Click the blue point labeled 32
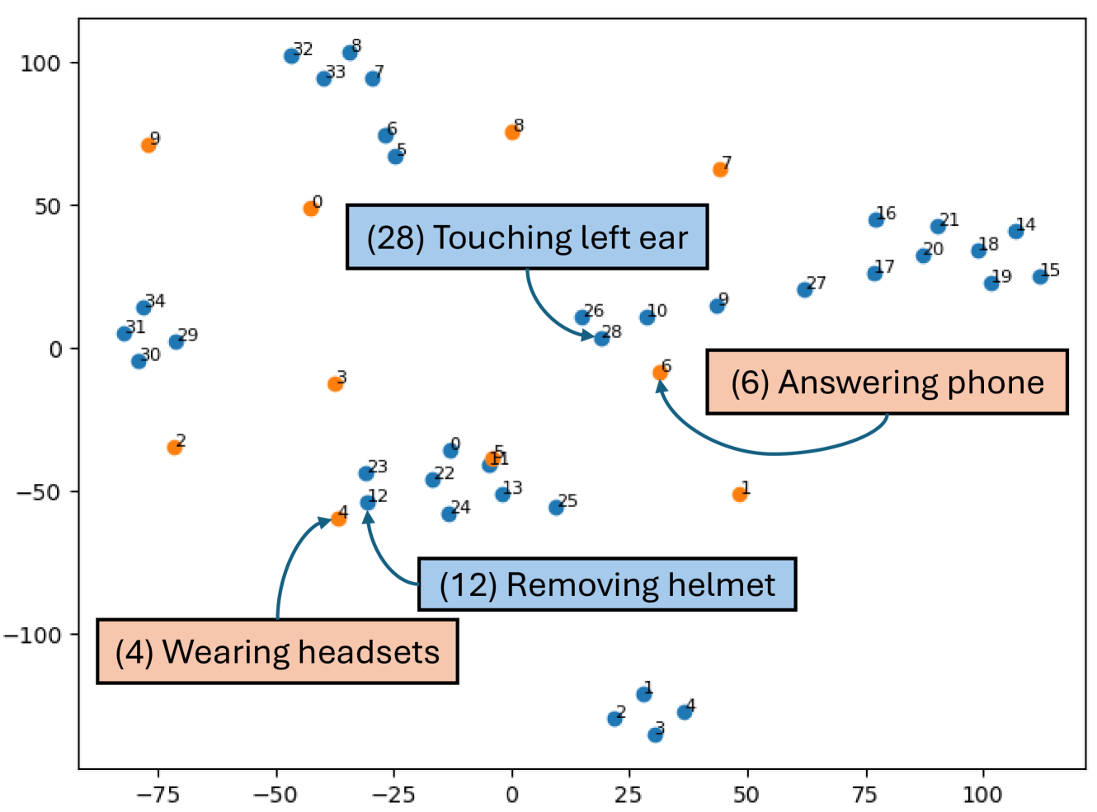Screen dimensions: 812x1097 pyautogui.click(x=291, y=56)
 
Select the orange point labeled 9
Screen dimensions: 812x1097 pyautogui.click(x=148, y=145)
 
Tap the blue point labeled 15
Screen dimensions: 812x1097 pyautogui.click(x=1041, y=276)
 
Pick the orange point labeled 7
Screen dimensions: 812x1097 pyautogui.click(x=720, y=169)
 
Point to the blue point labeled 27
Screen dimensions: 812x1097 pyautogui.click(x=805, y=289)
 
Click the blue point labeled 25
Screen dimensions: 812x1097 pyautogui.click(x=557, y=507)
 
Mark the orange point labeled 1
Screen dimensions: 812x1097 pyautogui.click(x=740, y=494)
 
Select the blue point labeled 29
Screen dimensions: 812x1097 pyautogui.click(x=177, y=341)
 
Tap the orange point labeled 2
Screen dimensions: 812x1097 pyautogui.click(x=175, y=447)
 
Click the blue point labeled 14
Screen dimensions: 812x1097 pyautogui.click(x=1016, y=231)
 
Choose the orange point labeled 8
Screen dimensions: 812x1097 pyautogui.click(x=512, y=132)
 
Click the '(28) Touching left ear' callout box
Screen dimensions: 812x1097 pyautogui.click(x=527, y=237)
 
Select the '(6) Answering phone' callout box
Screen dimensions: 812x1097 pyautogui.click(x=887, y=383)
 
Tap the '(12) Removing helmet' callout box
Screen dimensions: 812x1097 pyautogui.click(x=607, y=584)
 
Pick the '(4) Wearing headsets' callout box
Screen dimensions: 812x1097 pyautogui.click(x=277, y=652)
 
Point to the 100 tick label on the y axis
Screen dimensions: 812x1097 pyautogui.click(x=40, y=63)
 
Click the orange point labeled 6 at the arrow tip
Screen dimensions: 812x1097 pyautogui.click(x=660, y=373)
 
